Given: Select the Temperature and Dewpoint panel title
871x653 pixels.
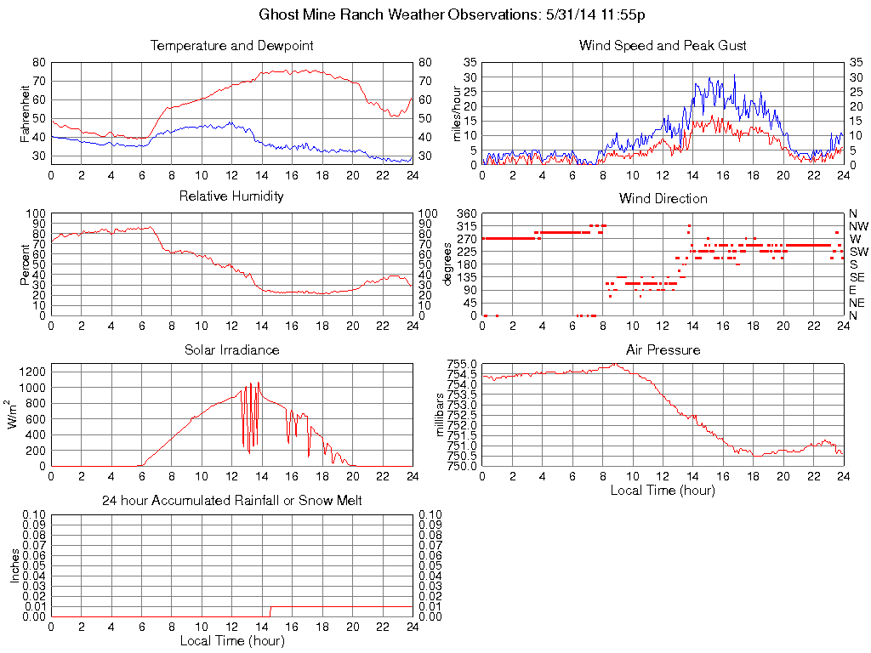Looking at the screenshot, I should click(x=231, y=45).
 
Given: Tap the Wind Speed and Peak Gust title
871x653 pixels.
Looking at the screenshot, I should click(x=663, y=45).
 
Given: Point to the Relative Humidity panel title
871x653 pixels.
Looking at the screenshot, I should click(x=231, y=196).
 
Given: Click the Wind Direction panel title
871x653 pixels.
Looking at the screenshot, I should click(x=663, y=199).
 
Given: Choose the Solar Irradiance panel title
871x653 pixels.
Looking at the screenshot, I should click(x=231, y=349).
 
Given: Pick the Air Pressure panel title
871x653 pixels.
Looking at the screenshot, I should click(x=663, y=349).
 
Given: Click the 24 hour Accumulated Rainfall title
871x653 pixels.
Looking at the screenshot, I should click(x=231, y=501).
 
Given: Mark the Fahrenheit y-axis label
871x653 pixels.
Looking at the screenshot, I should click(x=25, y=113).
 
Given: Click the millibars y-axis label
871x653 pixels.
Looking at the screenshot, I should click(x=440, y=415).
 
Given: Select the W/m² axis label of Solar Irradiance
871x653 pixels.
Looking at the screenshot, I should click(x=15, y=415).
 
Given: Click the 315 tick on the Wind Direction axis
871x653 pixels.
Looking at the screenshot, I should click(x=467, y=226).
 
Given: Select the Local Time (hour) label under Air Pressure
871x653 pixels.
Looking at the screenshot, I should click(x=663, y=490).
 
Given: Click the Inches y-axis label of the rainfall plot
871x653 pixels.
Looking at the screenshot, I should click(x=15, y=565).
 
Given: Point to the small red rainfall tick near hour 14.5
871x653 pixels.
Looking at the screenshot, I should click(x=270, y=610).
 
